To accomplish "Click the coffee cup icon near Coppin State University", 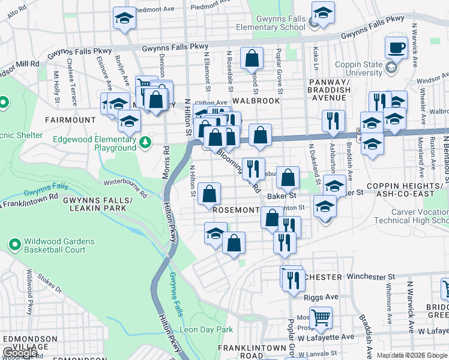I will click(396, 47).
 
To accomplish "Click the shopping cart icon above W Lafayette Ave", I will click(321, 316).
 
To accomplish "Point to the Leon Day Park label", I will click(206, 329).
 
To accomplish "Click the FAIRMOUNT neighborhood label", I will click(70, 120).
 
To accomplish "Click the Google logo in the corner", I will click(20, 353).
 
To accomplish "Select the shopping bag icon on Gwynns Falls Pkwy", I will click(252, 58).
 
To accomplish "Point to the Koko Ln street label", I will click(315, 60).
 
